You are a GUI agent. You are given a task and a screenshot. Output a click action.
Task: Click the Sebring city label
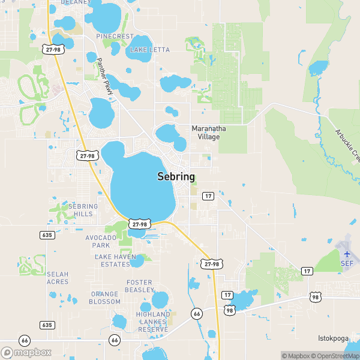[x=176, y=176]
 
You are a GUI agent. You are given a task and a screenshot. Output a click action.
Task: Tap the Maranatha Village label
[x=205, y=133]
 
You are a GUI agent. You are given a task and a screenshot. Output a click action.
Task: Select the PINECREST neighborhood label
[x=115, y=37]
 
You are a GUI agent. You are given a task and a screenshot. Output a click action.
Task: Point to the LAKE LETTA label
[x=150, y=49]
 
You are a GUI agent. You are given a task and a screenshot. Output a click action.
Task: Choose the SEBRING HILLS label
[x=83, y=210]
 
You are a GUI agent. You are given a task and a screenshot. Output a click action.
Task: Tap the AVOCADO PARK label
[x=101, y=242]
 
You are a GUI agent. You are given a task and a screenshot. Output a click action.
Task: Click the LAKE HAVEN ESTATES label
[x=112, y=260]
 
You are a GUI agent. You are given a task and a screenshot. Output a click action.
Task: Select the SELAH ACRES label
[x=58, y=278]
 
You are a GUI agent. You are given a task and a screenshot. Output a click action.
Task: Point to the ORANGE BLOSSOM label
[x=105, y=298]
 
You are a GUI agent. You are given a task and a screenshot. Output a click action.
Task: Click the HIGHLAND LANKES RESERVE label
[x=153, y=322]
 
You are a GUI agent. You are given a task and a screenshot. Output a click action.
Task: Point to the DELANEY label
[x=75, y=2]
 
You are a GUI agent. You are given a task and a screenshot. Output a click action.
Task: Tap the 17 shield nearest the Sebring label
[x=208, y=196]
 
